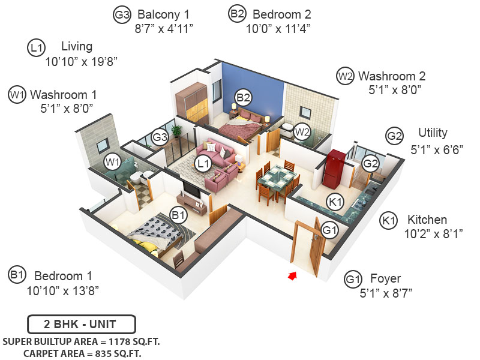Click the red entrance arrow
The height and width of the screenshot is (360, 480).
(293, 275)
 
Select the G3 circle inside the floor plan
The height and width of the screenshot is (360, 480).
(160, 137)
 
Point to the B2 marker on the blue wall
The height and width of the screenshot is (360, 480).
(242, 97)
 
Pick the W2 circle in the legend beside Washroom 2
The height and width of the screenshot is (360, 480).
(344, 76)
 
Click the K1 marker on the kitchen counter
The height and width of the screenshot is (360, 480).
(335, 202)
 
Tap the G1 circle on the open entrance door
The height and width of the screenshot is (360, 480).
(330, 229)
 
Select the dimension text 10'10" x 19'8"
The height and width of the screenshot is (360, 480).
(80, 61)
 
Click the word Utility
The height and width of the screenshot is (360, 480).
(433, 133)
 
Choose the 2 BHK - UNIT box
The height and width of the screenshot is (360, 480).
(80, 325)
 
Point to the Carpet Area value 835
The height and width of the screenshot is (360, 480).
(118, 353)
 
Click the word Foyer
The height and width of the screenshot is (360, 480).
(385, 279)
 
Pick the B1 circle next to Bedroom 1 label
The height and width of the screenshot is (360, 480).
(16, 275)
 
